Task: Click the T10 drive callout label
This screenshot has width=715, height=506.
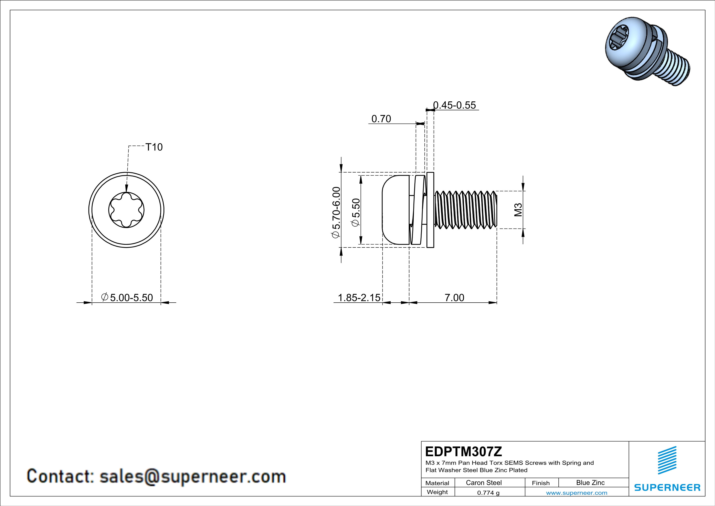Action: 154,147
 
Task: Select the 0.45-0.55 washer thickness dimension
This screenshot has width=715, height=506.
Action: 455,105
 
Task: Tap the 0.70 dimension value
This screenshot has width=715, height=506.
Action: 381,119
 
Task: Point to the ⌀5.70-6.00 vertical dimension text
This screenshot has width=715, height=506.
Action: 337,212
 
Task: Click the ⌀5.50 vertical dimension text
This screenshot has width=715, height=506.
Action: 355,212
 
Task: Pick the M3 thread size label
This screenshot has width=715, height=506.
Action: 518,210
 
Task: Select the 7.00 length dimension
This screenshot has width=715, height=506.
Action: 454,297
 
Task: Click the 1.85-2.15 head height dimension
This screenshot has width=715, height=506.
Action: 359,297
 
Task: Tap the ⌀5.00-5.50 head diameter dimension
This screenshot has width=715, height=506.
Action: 127,297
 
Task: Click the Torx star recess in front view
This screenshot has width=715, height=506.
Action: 126,210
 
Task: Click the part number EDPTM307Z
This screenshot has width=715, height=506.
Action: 463,452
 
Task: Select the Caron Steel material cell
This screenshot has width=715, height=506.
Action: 484,483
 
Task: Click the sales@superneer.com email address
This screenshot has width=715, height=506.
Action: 192,477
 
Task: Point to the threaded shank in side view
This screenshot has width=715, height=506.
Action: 466,210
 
